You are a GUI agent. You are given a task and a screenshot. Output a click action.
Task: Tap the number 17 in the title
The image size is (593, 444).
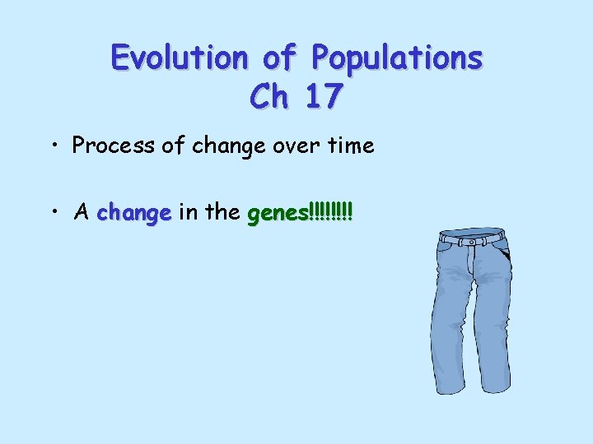tap(322, 97)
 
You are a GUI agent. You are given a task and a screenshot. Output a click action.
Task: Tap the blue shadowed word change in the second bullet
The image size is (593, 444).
tap(133, 214)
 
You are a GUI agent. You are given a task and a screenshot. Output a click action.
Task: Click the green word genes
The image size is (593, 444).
tap(277, 215)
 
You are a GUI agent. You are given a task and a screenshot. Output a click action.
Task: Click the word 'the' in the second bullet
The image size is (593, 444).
tap(222, 213)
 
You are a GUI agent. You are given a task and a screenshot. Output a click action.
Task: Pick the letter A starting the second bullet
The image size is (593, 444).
tap(81, 213)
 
